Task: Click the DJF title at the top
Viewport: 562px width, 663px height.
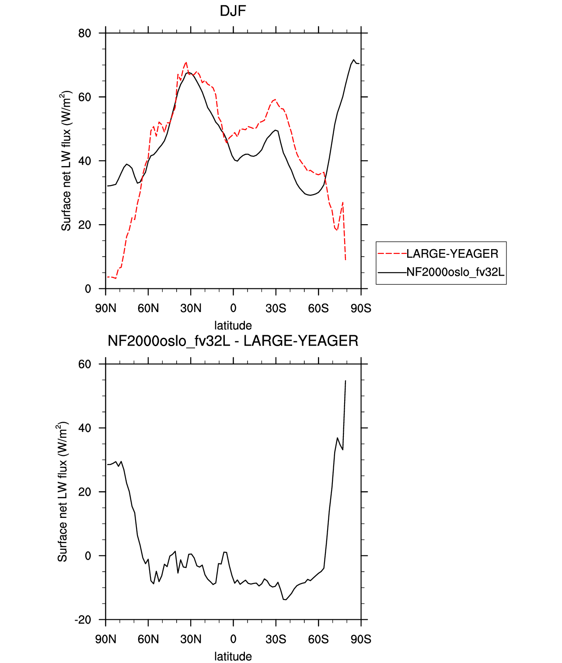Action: click(233, 11)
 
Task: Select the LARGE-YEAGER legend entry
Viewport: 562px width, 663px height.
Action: click(438, 254)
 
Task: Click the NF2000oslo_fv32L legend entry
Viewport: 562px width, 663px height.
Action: click(441, 272)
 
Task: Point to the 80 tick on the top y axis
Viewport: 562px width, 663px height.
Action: click(84, 33)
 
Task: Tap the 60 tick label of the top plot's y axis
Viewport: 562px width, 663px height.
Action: click(84, 97)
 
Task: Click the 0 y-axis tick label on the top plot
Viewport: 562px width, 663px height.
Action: click(87, 289)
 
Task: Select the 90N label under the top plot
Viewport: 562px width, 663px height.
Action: click(105, 308)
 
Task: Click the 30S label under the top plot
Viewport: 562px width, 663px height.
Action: click(276, 308)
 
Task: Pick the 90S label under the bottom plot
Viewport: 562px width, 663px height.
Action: click(361, 639)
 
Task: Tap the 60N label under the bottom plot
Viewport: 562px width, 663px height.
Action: click(148, 639)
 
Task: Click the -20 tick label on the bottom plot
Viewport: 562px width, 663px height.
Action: click(83, 620)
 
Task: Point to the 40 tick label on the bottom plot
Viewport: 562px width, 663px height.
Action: click(84, 428)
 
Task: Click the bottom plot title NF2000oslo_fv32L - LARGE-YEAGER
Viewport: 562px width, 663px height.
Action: click(233, 340)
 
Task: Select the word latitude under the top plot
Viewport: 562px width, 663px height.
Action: click(233, 326)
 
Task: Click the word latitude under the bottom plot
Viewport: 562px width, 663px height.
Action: click(233, 656)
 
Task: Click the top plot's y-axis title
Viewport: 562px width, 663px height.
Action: click(66, 161)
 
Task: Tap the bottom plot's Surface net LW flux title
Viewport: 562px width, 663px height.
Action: click(62, 492)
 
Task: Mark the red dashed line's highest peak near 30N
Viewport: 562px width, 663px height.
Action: click(186, 62)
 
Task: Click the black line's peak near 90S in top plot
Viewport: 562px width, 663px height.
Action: click(354, 60)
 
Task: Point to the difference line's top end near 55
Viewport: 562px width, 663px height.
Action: click(346, 380)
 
